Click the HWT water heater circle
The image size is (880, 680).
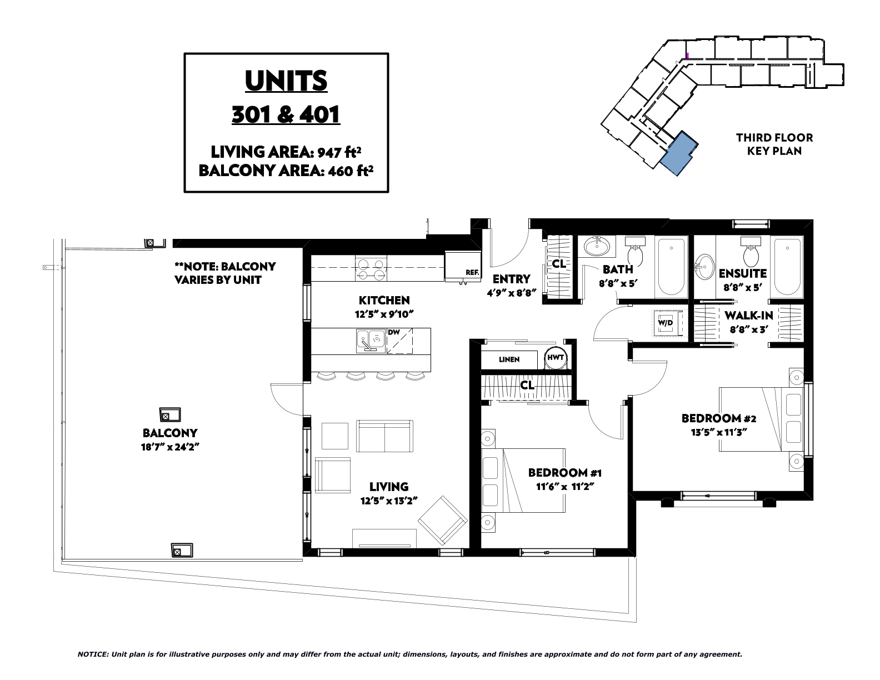556,358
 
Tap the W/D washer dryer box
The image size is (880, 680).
666,323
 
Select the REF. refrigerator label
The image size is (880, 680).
472,273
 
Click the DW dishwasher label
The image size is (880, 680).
394,332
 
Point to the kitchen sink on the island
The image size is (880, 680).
371,341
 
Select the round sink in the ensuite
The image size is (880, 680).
704,267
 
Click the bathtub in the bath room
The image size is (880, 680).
672,267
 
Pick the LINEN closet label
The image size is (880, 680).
509,359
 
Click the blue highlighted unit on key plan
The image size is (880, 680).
678,153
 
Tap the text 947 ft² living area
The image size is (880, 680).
339,152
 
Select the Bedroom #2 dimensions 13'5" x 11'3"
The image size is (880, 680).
719,432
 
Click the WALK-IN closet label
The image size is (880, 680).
748,315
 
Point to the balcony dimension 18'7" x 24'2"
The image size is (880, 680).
170,447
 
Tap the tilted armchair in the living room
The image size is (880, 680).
443,521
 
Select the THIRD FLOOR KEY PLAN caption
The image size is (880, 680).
774,144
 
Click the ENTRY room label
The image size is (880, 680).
512,279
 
